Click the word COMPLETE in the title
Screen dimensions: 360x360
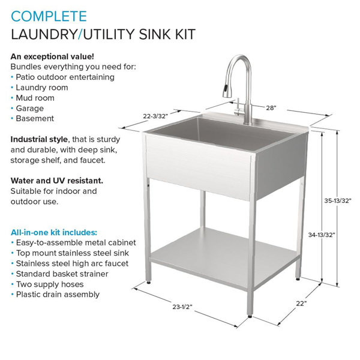point(49,16)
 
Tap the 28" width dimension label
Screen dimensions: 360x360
point(271,107)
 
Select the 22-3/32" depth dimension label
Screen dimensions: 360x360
point(155,116)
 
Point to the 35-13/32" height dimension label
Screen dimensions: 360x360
point(338,200)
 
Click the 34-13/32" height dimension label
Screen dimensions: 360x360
point(322,235)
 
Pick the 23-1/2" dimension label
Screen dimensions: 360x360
point(182,307)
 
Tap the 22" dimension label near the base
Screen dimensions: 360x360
point(301,304)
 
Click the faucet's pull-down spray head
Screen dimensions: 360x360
point(226,91)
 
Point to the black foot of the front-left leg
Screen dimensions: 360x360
point(148,283)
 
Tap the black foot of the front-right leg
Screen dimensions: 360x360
point(250,316)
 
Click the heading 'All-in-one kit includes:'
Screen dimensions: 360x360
point(54,232)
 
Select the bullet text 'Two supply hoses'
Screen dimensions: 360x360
point(50,284)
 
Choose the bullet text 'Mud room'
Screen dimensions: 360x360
point(35,98)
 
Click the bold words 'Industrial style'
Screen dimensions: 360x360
point(39,139)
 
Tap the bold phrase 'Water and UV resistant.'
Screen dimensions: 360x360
point(57,181)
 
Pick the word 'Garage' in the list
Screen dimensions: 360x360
point(29,109)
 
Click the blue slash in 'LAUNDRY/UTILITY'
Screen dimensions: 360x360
point(80,34)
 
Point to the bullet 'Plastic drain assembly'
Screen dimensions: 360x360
point(58,295)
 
